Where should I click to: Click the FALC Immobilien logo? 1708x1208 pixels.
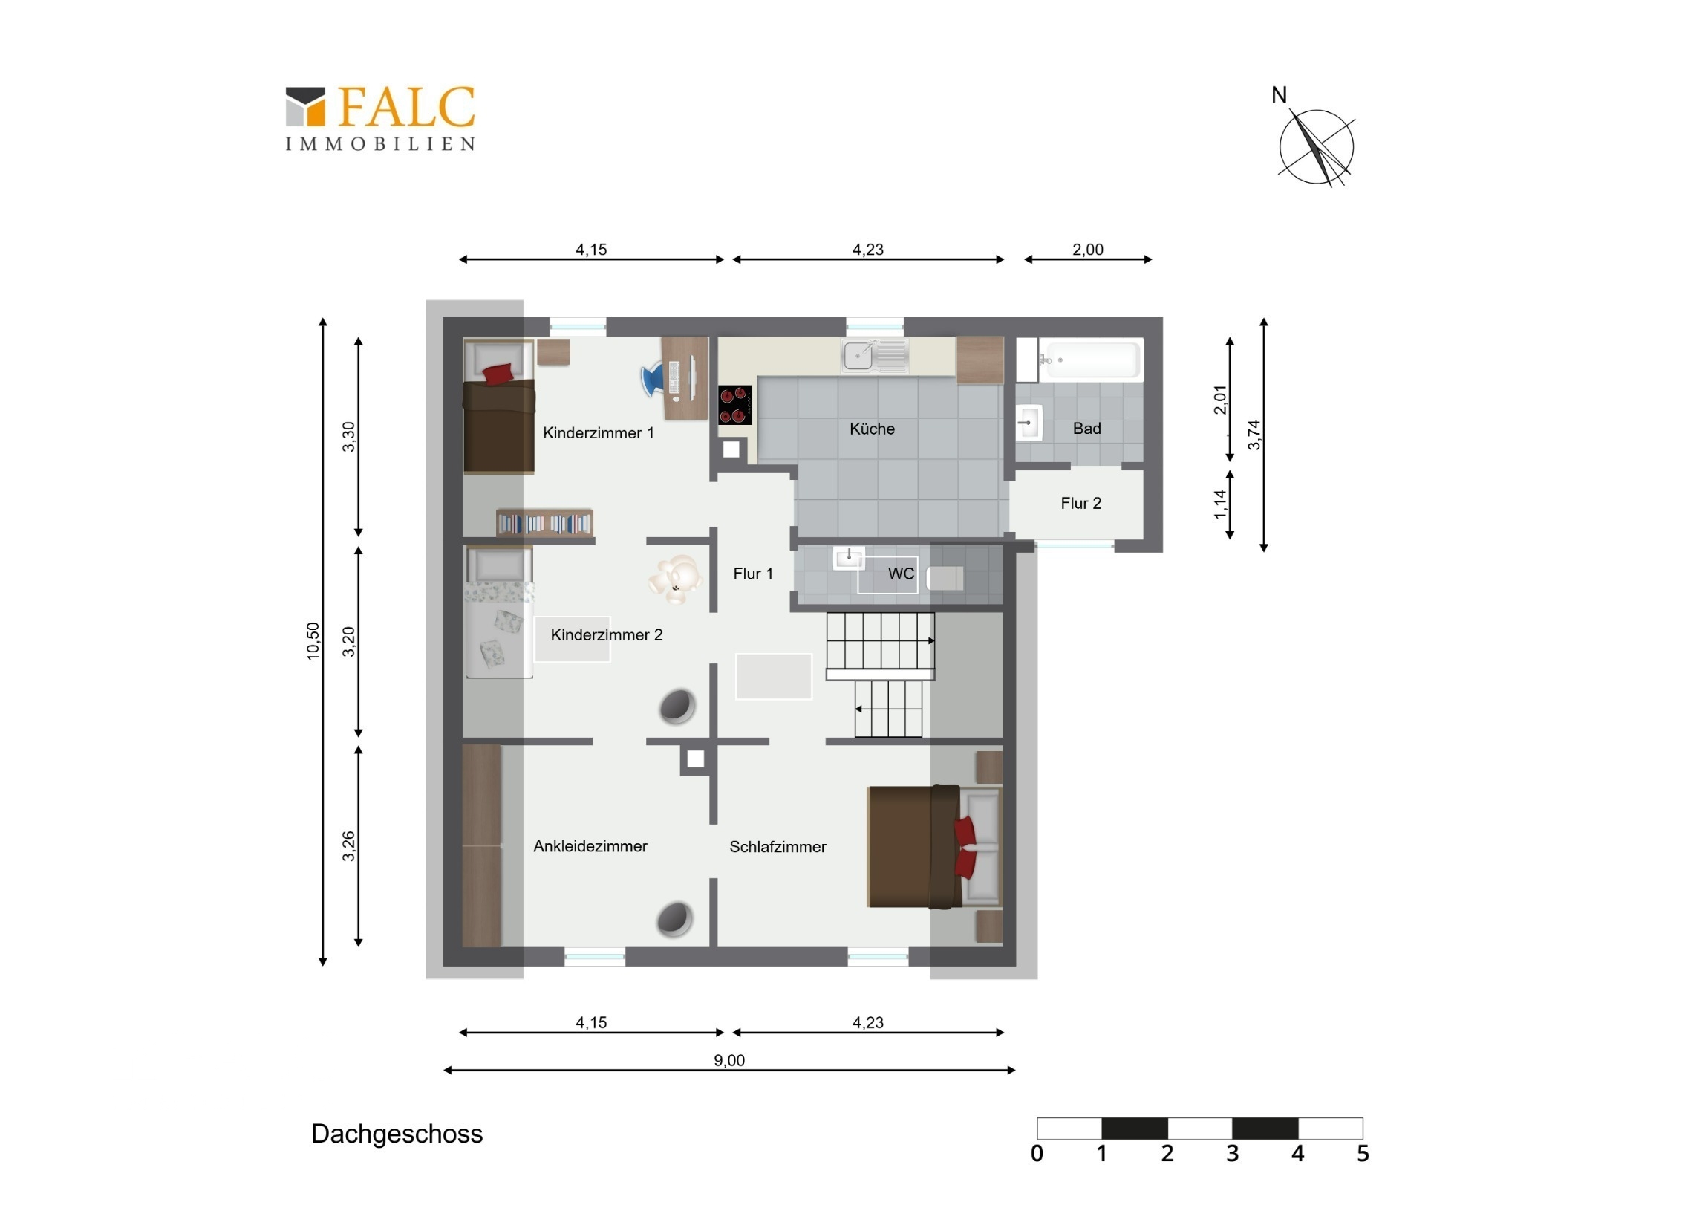tap(380, 118)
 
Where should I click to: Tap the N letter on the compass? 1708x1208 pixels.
tap(1279, 95)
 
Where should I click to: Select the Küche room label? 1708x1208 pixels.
tap(872, 429)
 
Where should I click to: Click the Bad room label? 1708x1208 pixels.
tap(1087, 428)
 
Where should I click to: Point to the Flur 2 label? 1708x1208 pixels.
tap(1081, 503)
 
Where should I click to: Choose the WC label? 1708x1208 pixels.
tap(901, 574)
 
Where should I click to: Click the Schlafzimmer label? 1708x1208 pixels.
tap(778, 847)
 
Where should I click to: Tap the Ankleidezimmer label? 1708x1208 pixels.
tap(590, 846)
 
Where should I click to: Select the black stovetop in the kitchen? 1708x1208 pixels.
tap(734, 405)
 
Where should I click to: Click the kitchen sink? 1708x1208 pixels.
tap(875, 356)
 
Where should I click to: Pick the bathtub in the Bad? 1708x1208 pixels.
tap(1091, 360)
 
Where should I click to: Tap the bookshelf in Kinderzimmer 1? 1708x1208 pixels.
tap(544, 523)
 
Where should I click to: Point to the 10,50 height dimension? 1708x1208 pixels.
tap(313, 642)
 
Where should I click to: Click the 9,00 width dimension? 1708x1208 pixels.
tap(729, 1061)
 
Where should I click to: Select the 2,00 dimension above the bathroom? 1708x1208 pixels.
tap(1088, 250)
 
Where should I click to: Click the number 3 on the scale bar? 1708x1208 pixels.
tap(1233, 1154)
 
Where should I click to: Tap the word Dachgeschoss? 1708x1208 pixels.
tap(397, 1134)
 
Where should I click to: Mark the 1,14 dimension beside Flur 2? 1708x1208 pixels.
tap(1220, 504)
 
